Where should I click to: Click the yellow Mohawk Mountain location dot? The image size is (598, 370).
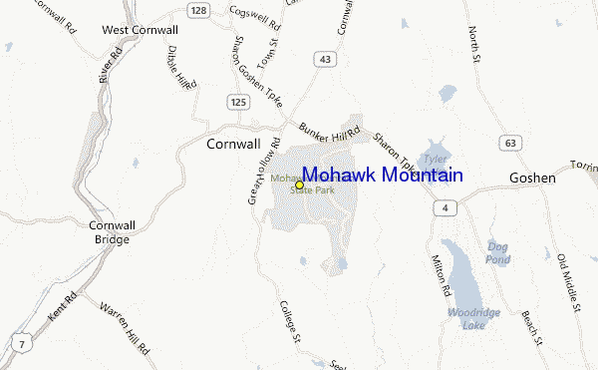coord(299,185)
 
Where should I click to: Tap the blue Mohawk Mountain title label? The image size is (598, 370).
coord(382,176)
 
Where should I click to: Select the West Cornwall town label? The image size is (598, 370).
coord(141,31)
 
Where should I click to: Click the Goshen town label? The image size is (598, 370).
coord(531,178)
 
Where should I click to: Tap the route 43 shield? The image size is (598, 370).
coord(325,61)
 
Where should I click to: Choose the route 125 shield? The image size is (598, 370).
coord(237,102)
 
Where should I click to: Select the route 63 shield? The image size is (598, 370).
coord(510,144)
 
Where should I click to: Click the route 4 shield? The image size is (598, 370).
coord(446,207)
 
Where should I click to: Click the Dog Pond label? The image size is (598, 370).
coord(498,252)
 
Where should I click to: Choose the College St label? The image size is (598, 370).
coord(290,322)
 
